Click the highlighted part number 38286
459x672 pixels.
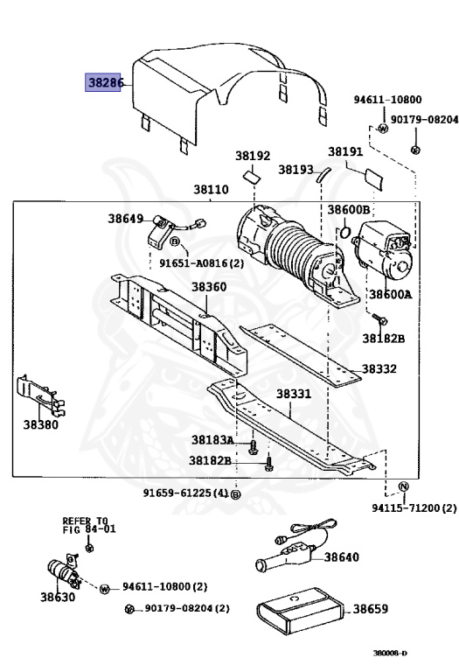click(x=106, y=83)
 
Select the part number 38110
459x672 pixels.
click(x=211, y=190)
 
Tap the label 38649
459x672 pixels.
click(x=126, y=218)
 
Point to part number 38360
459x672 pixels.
click(x=209, y=287)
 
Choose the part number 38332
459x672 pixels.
click(x=379, y=369)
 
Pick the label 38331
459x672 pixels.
click(x=294, y=394)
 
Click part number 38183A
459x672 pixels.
click(x=212, y=439)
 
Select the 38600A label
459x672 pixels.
click(x=390, y=294)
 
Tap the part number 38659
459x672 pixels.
click(x=371, y=609)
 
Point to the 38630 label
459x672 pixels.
click(x=58, y=598)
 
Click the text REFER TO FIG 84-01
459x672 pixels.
click(x=88, y=524)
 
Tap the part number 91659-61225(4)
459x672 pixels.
click(x=186, y=493)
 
